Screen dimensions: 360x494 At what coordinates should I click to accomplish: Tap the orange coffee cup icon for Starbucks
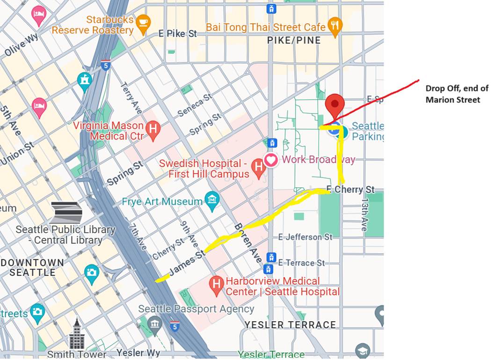click(x=143, y=22)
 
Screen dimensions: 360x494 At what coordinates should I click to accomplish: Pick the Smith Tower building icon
click(x=77, y=334)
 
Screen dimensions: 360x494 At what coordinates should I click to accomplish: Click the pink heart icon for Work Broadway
click(x=271, y=160)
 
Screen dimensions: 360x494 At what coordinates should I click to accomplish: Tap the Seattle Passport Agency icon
click(x=154, y=323)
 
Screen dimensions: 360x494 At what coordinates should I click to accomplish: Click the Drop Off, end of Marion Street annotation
click(x=452, y=94)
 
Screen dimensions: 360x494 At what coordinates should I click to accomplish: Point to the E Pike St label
click(x=178, y=34)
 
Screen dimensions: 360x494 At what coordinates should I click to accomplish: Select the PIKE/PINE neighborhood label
click(x=294, y=41)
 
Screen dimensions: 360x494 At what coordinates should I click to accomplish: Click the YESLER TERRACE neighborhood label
click(x=290, y=324)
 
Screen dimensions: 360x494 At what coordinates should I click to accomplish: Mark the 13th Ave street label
click(x=364, y=214)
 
